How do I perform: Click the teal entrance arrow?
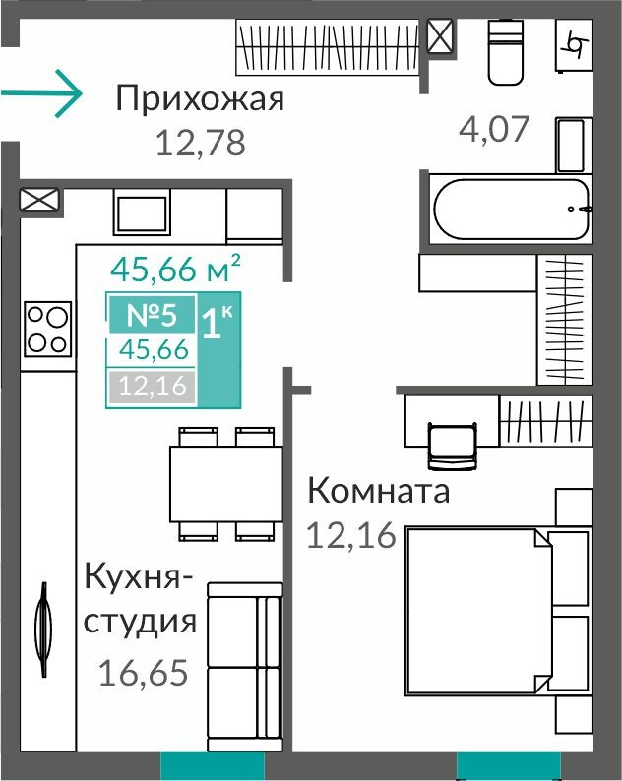[41, 93]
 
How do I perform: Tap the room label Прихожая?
[200, 98]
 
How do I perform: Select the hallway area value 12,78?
[201, 143]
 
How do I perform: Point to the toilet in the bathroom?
[506, 52]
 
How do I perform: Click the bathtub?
[511, 210]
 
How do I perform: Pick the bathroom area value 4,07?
[493, 129]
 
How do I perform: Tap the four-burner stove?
[48, 329]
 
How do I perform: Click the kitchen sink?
[142, 214]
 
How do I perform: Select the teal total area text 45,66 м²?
[175, 269]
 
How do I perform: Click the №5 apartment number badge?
[152, 315]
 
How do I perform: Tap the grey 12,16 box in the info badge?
[153, 386]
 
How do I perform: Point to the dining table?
[226, 484]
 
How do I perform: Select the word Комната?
[379, 491]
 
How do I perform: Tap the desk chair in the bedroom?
[453, 446]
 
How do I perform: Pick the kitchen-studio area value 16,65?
[144, 673]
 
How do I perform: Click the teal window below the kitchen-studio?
[213, 766]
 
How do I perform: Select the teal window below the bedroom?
[509, 766]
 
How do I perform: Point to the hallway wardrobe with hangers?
[327, 47]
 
